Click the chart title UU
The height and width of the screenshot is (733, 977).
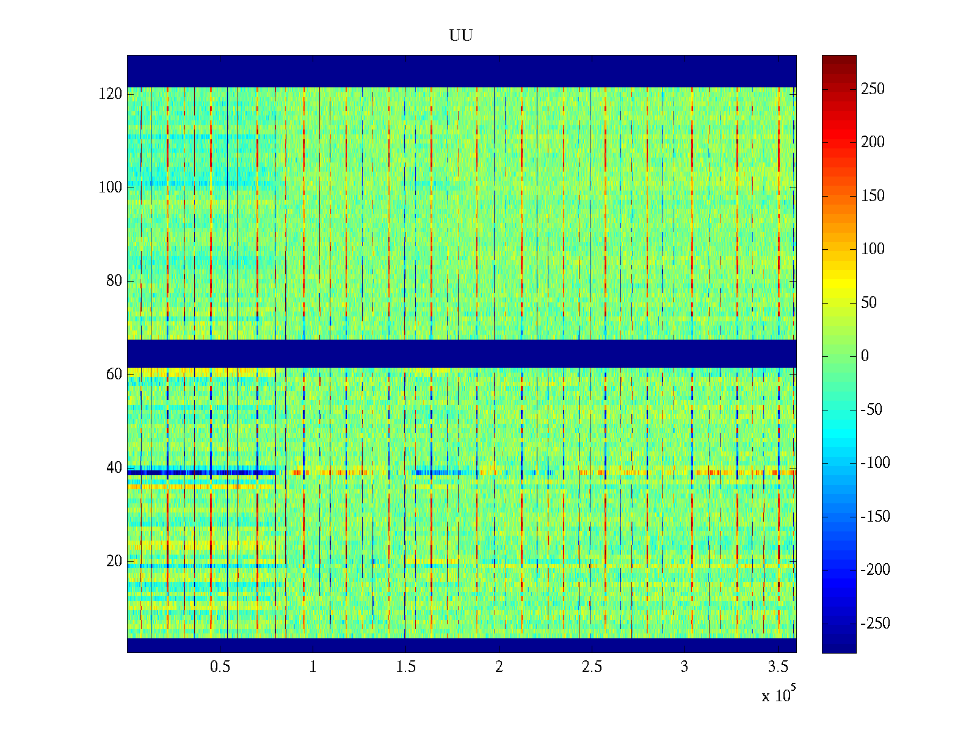pyautogui.click(x=461, y=36)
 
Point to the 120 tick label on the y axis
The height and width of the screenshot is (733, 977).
pyautogui.click(x=111, y=94)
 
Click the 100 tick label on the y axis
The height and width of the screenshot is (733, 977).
pyautogui.click(x=111, y=188)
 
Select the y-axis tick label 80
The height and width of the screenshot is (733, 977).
pyautogui.click(x=114, y=281)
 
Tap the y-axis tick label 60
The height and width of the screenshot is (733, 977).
pyautogui.click(x=114, y=374)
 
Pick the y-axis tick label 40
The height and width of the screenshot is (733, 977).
pyautogui.click(x=114, y=468)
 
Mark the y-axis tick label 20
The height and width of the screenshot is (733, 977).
pyautogui.click(x=114, y=561)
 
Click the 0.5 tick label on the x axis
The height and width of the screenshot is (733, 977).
pyautogui.click(x=220, y=667)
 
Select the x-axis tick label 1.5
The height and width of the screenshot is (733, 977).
pyautogui.click(x=405, y=667)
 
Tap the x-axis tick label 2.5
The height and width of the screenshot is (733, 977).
pyautogui.click(x=592, y=667)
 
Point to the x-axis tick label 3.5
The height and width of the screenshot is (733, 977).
pyautogui.click(x=778, y=667)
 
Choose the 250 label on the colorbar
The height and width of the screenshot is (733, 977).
pyautogui.click(x=873, y=89)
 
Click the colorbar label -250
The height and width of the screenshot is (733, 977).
pyautogui.click(x=875, y=624)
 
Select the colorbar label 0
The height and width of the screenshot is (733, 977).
pyautogui.click(x=865, y=356)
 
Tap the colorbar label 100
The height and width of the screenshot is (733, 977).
pyautogui.click(x=873, y=249)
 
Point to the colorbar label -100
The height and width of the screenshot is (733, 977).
pyautogui.click(x=875, y=463)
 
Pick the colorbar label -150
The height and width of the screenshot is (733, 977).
pyautogui.click(x=875, y=517)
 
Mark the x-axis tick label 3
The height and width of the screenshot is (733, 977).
pyautogui.click(x=685, y=667)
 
